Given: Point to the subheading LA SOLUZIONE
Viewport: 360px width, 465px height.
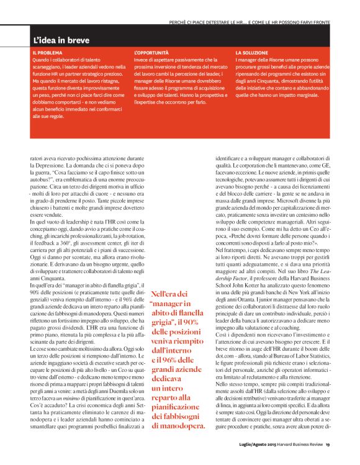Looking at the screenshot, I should [251, 54].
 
